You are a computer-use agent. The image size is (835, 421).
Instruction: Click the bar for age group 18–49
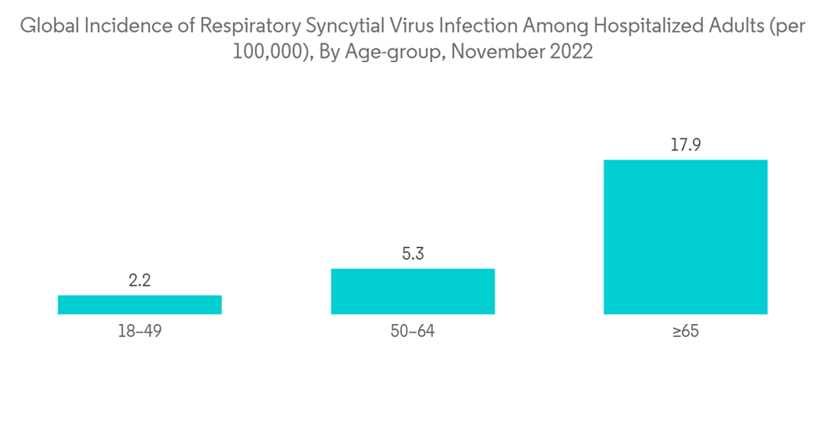coord(139,304)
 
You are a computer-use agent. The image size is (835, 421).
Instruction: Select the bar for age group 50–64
coord(412,291)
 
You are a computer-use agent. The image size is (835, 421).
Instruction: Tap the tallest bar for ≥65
coord(685,236)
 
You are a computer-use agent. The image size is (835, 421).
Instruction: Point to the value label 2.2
coord(139,282)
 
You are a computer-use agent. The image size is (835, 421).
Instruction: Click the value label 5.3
coord(412,254)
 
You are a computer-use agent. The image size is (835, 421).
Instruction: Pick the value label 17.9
coord(685,145)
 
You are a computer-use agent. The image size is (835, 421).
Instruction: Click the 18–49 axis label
coord(139,332)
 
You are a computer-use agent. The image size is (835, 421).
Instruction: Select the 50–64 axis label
coord(412,332)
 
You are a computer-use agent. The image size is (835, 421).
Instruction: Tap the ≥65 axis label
coord(685,332)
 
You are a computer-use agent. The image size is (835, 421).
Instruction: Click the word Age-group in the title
coord(388,52)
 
